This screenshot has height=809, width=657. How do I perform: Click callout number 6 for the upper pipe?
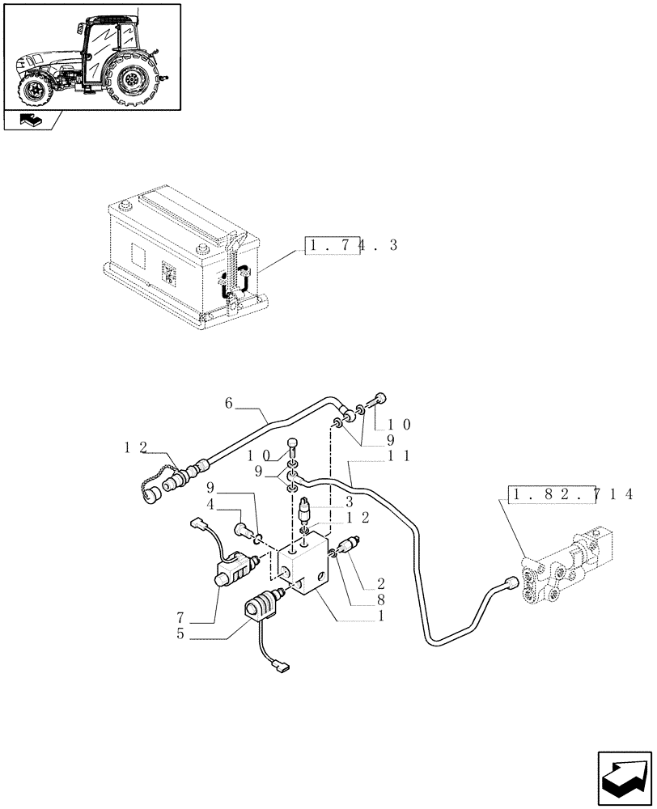pyautogui.click(x=229, y=402)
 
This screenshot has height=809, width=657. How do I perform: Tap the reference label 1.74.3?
pyautogui.click(x=351, y=245)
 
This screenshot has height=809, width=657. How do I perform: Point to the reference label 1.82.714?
pyautogui.click(x=570, y=493)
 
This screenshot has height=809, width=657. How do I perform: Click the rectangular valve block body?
pyautogui.click(x=303, y=570)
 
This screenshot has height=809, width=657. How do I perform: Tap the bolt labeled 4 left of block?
pyautogui.click(x=242, y=531)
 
